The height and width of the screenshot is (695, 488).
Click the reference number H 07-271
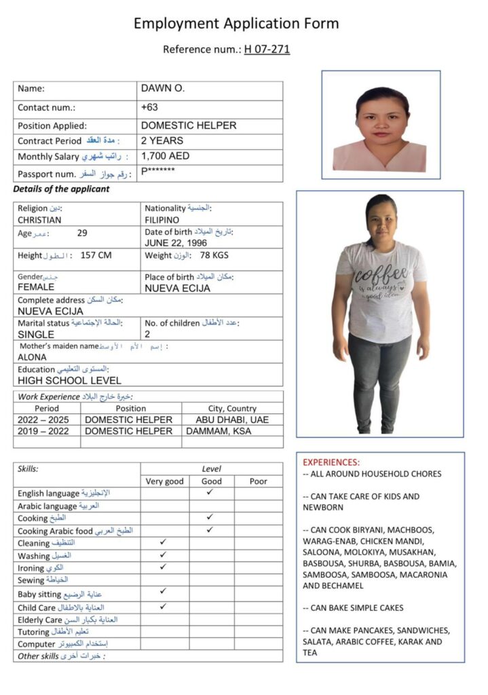click(267, 49)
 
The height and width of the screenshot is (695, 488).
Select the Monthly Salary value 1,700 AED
click(165, 156)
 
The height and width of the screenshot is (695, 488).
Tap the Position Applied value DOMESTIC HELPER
click(189, 126)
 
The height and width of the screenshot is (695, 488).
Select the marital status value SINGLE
click(36, 335)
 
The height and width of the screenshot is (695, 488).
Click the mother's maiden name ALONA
click(32, 357)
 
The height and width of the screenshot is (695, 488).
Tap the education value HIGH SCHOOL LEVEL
click(69, 381)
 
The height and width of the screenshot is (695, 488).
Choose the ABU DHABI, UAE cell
click(231, 420)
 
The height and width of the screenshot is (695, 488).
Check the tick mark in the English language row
click(210, 492)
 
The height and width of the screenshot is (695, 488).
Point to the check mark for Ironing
click(163, 566)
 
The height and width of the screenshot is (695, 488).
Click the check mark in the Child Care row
click(163, 606)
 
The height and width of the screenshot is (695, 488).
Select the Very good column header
click(165, 481)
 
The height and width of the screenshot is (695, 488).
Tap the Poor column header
click(258, 481)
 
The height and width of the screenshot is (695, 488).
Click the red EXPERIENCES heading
click(331, 462)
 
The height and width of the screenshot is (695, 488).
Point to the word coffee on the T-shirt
click(381, 277)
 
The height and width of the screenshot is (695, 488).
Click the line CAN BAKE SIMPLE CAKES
click(353, 608)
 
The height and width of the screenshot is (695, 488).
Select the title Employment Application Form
click(236, 24)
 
